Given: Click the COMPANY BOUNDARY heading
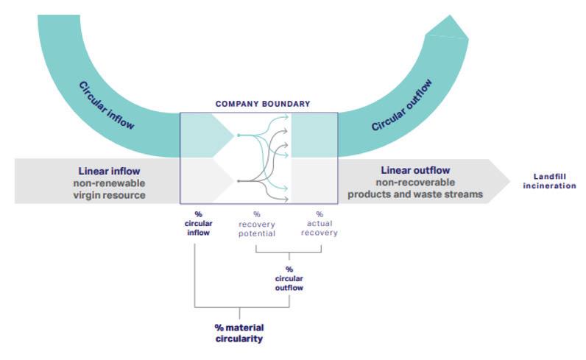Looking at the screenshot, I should click(x=262, y=105).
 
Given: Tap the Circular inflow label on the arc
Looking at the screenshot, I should click(x=107, y=105).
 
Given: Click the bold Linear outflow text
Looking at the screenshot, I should click(x=415, y=170).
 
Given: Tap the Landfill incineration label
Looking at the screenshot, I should click(x=549, y=181).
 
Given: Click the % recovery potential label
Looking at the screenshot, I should click(x=256, y=223).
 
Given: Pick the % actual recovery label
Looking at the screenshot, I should click(x=320, y=223).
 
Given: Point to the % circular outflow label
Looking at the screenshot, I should click(x=289, y=278).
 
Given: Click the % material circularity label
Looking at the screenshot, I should click(x=239, y=333).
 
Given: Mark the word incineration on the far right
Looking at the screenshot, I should click(x=549, y=186).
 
